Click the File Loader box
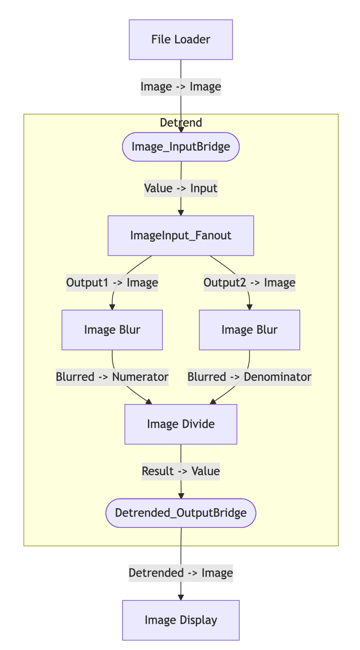(x=180, y=40)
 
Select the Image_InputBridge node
(x=180, y=147)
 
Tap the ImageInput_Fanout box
(x=180, y=235)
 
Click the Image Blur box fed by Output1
(x=112, y=330)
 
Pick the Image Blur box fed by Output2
(x=249, y=330)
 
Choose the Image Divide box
(x=180, y=424)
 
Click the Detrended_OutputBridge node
(x=180, y=513)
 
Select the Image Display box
(x=180, y=620)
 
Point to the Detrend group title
(x=180, y=123)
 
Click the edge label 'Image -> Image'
(x=180, y=87)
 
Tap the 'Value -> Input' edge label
(x=180, y=188)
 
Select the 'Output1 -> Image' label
(x=112, y=282)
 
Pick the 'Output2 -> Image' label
(x=249, y=282)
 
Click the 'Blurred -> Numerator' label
(x=112, y=377)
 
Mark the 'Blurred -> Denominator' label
(x=249, y=377)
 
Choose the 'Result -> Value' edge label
(x=180, y=471)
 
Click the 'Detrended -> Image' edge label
(x=180, y=573)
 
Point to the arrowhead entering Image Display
(x=180, y=597)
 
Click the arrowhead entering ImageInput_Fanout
(x=180, y=213)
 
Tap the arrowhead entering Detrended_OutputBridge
(x=180, y=496)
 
